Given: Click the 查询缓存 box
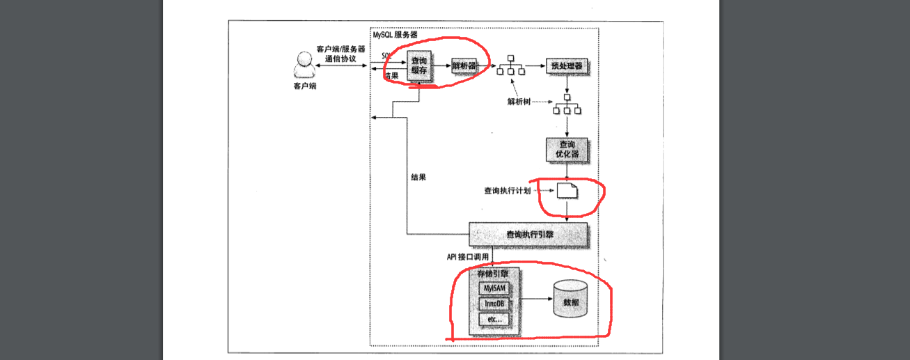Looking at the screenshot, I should click(x=419, y=66).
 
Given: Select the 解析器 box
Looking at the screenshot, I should click(x=463, y=66).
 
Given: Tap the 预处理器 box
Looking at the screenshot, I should click(x=566, y=66).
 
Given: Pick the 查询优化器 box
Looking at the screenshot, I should click(x=567, y=148).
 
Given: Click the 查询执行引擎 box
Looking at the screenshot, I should click(x=528, y=235).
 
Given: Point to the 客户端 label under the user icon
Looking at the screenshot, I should click(x=304, y=87).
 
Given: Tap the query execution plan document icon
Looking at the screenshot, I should click(x=567, y=190).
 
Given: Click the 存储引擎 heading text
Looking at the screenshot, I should click(x=493, y=273).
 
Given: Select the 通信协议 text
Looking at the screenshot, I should click(x=340, y=59).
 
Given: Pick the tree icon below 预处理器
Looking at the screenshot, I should click(x=567, y=105).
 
